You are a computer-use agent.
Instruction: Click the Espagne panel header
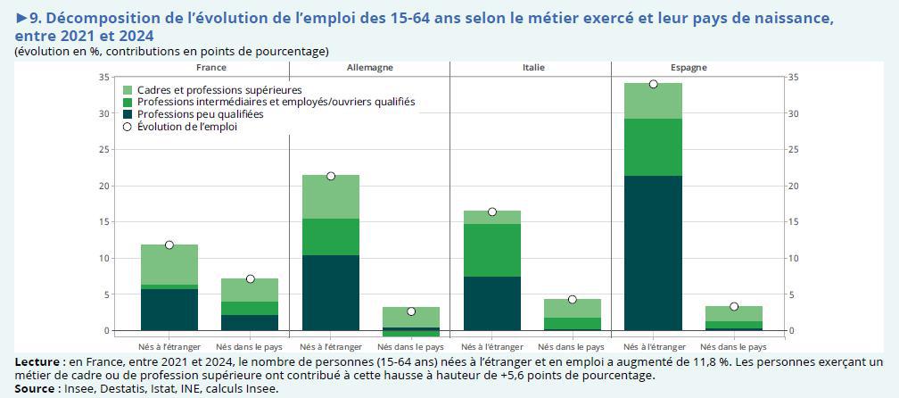click(689, 68)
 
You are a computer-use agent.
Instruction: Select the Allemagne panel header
click(368, 68)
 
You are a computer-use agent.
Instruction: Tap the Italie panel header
click(533, 68)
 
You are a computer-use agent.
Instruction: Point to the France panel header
click(210, 68)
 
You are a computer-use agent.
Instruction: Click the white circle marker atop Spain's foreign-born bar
click(653, 84)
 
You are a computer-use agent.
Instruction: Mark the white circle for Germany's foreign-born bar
click(331, 176)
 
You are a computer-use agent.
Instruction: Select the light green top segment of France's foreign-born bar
click(169, 264)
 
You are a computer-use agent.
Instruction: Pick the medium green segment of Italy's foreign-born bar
click(491, 250)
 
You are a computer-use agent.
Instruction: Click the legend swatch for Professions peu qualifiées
click(128, 115)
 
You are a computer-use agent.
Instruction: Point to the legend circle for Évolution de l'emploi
click(128, 128)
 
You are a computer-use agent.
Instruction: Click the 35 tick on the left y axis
click(103, 78)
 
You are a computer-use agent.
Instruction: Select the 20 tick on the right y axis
click(794, 187)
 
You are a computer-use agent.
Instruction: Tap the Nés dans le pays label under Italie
click(573, 346)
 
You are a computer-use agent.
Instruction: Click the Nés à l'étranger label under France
click(169, 346)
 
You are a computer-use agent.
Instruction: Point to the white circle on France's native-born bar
click(251, 278)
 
